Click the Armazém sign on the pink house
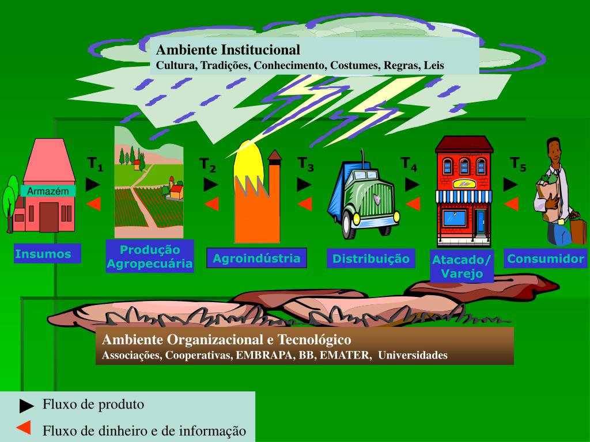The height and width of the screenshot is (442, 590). coord(48,191)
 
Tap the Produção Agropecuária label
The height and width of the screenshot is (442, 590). coord(150,257)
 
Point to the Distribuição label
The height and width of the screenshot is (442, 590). coord(371,259)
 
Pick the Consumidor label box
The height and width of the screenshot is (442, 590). coord(545,258)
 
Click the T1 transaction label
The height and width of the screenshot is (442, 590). coord(95,164)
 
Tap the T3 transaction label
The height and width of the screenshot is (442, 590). coord(306,164)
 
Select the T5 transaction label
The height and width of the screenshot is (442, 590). coord(518,164)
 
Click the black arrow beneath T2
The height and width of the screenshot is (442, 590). coord(211,185)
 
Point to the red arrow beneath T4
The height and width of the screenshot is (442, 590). coord(413,203)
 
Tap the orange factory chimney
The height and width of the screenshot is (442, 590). coord(274,196)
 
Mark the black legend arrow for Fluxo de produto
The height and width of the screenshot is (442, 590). coord(27,406)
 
